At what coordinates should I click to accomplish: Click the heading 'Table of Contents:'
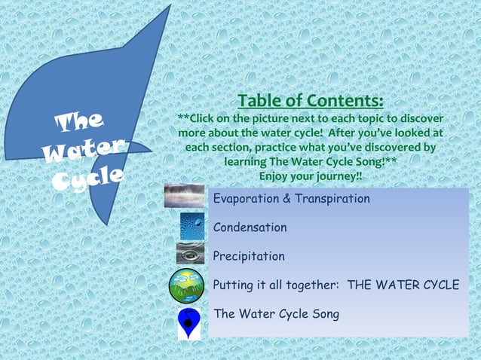pyautogui.click(x=311, y=101)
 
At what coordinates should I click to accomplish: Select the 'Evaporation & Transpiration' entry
pyautogui.click(x=291, y=200)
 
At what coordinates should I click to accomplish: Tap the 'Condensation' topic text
pyautogui.click(x=250, y=227)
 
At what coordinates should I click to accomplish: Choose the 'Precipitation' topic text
pyautogui.click(x=249, y=256)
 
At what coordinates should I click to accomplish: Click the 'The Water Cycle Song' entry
pyautogui.click(x=276, y=313)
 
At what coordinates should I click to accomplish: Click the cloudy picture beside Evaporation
pyautogui.click(x=184, y=196)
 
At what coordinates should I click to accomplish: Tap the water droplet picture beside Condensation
pyautogui.click(x=191, y=224)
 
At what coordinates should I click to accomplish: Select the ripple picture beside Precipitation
pyautogui.click(x=190, y=253)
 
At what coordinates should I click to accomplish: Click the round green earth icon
pyautogui.click(x=186, y=285)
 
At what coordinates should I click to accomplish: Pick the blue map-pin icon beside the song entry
pyautogui.click(x=188, y=322)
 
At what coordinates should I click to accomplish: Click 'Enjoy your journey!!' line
pyautogui.click(x=311, y=175)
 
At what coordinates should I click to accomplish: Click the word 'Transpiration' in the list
pyautogui.click(x=335, y=200)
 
